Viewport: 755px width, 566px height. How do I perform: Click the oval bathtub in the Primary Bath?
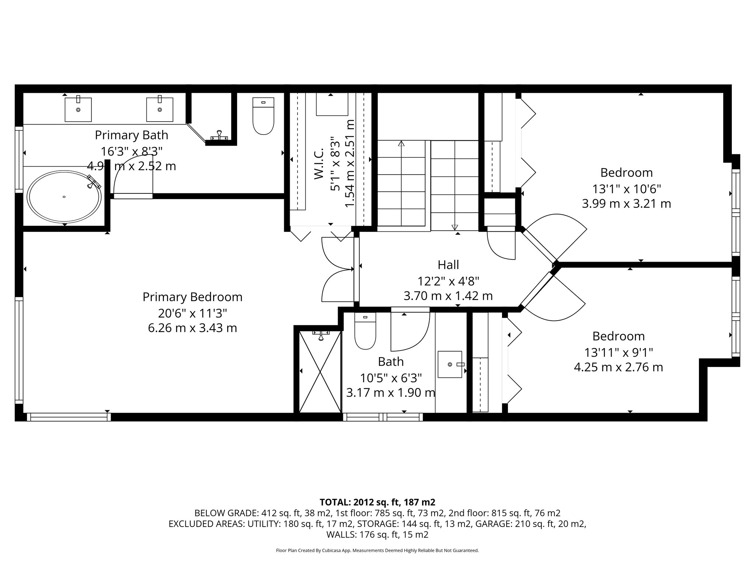pos(65,197)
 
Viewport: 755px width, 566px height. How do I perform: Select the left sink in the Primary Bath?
pos(78,109)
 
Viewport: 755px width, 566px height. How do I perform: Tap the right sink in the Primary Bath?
pos(160,109)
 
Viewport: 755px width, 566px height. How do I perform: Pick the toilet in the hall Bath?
pos(365,331)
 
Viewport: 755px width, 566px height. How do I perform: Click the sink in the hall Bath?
pos(450,364)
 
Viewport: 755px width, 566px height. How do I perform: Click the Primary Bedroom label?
pos(192,297)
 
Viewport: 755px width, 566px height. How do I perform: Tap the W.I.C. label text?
pos(319,164)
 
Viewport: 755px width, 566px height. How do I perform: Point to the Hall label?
pos(448,265)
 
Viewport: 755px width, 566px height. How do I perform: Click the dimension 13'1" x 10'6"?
pos(626,189)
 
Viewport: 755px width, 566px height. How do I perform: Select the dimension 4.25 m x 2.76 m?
pos(618,367)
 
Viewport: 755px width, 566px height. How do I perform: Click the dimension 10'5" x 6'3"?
pos(391,378)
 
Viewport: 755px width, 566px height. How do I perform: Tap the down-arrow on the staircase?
pos(455,227)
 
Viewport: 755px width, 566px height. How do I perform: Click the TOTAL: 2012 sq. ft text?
pos(377,502)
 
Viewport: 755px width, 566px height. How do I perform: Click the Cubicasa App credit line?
pos(377,551)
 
